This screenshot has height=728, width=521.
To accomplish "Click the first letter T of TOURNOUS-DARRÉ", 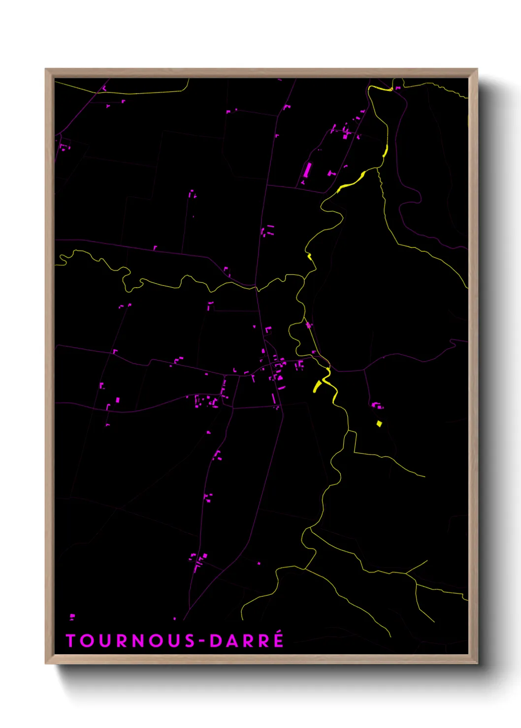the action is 70,640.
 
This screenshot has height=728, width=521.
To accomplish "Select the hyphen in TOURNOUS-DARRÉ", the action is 201,641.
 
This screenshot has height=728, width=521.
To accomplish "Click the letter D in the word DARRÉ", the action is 215,640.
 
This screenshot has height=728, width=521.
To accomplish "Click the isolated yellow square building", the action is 379,424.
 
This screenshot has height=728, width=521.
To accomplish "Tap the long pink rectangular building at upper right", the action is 308,170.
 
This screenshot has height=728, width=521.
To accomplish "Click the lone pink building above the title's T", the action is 72,616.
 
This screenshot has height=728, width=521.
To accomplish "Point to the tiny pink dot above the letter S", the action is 174,618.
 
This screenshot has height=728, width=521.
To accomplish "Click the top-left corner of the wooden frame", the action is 46,69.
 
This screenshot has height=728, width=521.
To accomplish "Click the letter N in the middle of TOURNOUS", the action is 140,640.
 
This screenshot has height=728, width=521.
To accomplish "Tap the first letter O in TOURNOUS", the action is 86,640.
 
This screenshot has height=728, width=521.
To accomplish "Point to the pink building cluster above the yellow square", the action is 377,406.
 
